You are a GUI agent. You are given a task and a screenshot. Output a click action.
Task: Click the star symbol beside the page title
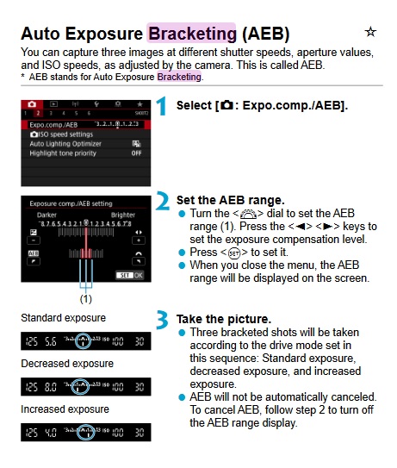(x=370, y=32)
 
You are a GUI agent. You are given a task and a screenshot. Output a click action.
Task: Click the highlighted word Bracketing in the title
(x=191, y=34)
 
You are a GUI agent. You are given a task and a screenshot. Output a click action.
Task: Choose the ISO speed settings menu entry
(x=64, y=134)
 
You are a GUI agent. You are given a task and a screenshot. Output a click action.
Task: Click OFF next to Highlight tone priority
(x=136, y=153)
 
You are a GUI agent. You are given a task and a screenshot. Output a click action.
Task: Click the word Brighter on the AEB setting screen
(x=124, y=213)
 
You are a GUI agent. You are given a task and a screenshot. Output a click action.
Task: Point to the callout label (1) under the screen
(x=84, y=299)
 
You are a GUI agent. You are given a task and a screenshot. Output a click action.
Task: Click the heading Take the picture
(x=216, y=318)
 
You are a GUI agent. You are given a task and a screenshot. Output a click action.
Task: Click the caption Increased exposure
(x=65, y=409)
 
